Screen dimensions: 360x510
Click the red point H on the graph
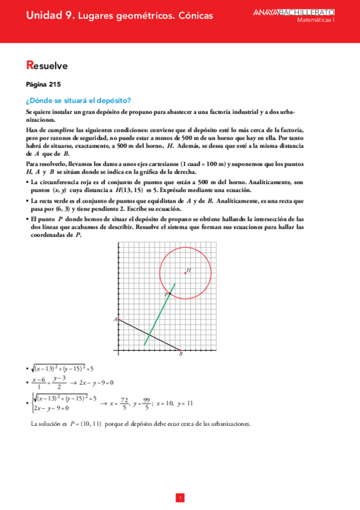click(186, 274)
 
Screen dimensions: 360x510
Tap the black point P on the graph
click(170, 293)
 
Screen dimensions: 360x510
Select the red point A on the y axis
click(118, 319)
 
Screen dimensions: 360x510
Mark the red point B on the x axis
click(180, 349)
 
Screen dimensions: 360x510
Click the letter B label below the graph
click(181, 355)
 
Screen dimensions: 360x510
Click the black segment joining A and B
click(147, 334)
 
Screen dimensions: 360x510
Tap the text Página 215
click(43, 84)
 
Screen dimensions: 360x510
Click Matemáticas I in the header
click(318, 20)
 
